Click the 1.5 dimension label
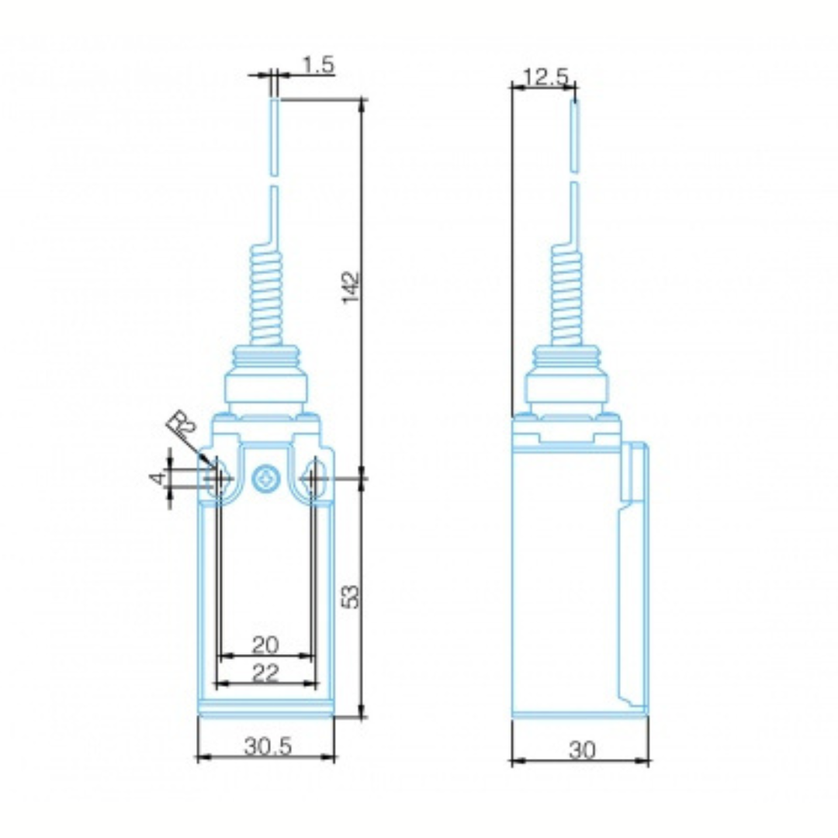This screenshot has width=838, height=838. click(x=319, y=64)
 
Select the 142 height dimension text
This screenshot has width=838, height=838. click(x=351, y=288)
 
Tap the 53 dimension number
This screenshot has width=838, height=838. click(x=351, y=597)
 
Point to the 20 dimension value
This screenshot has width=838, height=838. click(x=265, y=645)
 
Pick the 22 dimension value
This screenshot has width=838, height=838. click(x=265, y=673)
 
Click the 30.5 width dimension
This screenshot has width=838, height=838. click(x=268, y=746)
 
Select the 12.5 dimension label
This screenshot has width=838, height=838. click(x=545, y=77)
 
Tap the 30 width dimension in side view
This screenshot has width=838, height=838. click(x=581, y=750)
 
